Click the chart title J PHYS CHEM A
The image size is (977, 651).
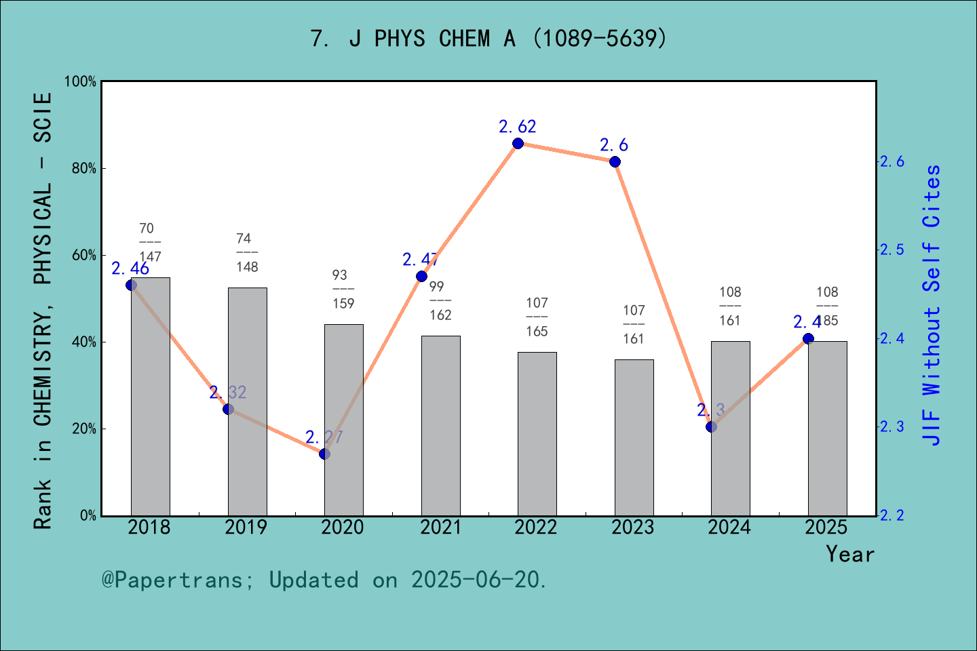tap(488, 39)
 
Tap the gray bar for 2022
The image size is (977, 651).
tap(537, 434)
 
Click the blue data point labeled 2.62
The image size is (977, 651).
tap(518, 143)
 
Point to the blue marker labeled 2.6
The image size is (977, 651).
tap(615, 161)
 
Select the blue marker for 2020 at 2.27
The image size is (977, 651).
tap(324, 454)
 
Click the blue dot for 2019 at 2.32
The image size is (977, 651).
tap(228, 409)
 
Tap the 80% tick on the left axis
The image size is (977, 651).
tap(84, 168)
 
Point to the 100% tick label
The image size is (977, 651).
tap(81, 81)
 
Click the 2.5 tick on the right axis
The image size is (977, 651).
tap(892, 250)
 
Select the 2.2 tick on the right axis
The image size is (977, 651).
tap(892, 515)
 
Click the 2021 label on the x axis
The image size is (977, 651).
tap(440, 528)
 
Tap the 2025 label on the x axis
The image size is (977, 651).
tap(826, 528)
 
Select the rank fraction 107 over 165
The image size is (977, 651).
tap(537, 317)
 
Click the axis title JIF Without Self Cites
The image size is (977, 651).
tap(932, 305)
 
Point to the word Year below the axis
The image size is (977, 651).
tap(850, 554)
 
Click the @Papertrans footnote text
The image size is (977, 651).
tap(324, 580)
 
